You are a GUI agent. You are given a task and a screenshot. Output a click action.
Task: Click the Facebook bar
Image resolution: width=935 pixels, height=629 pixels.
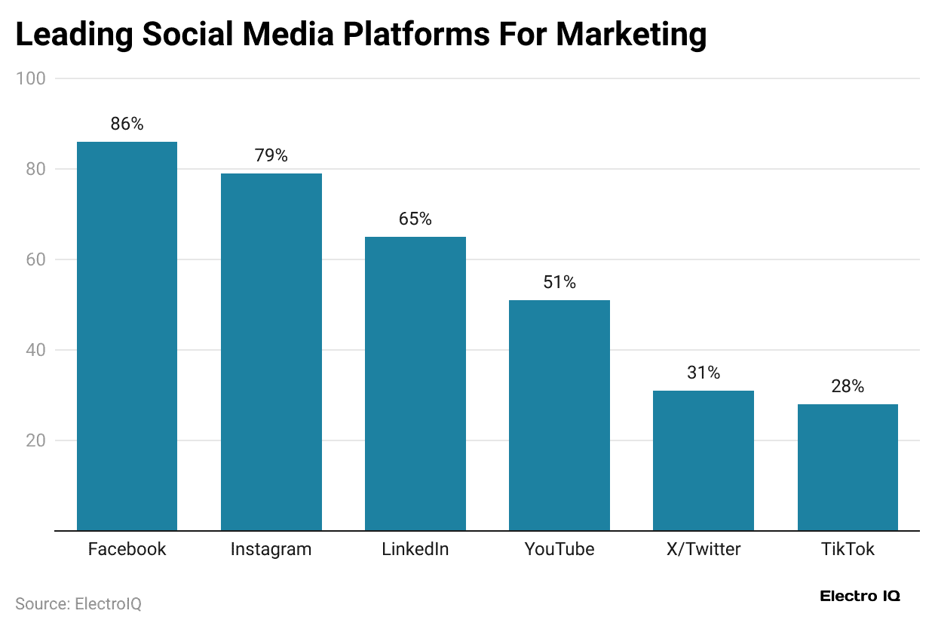pyautogui.click(x=127, y=336)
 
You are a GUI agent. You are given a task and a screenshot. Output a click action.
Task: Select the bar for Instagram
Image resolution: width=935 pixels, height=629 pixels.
pyautogui.click(x=271, y=351)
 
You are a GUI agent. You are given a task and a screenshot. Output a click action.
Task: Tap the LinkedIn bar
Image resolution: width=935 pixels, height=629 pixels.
pyautogui.click(x=415, y=383)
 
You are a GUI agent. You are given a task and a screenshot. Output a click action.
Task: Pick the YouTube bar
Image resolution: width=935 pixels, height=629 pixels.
pyautogui.click(x=559, y=415)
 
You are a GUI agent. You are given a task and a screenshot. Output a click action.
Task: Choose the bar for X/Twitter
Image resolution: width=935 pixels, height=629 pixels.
pyautogui.click(x=703, y=460)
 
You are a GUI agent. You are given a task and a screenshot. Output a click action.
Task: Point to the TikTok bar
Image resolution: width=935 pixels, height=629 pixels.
pyautogui.click(x=847, y=467)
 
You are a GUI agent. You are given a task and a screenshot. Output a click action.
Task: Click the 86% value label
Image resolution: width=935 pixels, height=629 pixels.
pyautogui.click(x=127, y=124)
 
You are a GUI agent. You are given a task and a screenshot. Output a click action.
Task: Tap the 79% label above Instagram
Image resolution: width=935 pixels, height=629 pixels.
pyautogui.click(x=271, y=156)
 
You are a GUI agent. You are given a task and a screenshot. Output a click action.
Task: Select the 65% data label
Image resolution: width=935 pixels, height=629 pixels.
pyautogui.click(x=415, y=219)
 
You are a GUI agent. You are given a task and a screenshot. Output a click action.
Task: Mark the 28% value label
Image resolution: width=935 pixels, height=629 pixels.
pyautogui.click(x=847, y=387)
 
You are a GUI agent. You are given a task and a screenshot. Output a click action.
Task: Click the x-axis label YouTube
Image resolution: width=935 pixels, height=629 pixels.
pyautogui.click(x=559, y=549)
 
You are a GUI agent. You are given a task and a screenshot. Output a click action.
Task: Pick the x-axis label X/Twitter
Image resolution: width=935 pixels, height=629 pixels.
pyautogui.click(x=703, y=549)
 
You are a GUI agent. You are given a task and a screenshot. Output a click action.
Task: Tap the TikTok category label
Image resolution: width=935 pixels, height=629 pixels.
pyautogui.click(x=847, y=549)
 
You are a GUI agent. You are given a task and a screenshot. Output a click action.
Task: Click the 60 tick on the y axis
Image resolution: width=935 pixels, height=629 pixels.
pyautogui.click(x=35, y=259)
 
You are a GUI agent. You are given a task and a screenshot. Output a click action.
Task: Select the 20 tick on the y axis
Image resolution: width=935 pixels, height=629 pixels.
pyautogui.click(x=35, y=440)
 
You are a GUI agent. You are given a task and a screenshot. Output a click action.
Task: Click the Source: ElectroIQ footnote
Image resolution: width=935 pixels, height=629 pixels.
pyautogui.click(x=78, y=604)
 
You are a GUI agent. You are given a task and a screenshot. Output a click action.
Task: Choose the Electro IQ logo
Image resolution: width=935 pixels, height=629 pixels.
pyautogui.click(x=860, y=596)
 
